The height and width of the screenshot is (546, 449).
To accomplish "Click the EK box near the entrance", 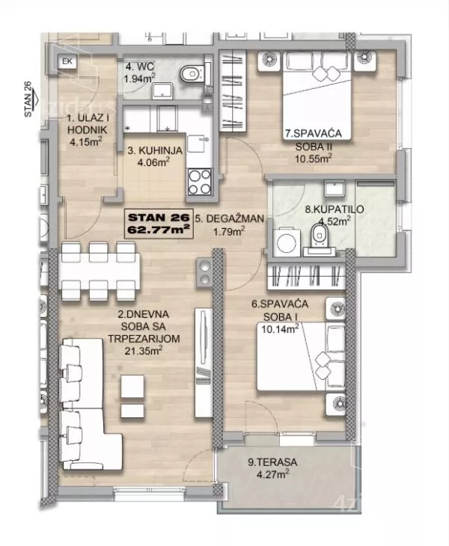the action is pos(67,61).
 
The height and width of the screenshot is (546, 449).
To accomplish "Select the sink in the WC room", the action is pos(162,91).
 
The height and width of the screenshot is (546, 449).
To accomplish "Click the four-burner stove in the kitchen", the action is pos(200,182).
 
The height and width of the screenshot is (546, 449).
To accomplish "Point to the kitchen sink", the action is pos(198,143).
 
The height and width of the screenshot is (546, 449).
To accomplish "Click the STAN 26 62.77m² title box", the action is pos(159,224).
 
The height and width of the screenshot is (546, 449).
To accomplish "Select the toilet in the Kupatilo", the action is pos(319,236).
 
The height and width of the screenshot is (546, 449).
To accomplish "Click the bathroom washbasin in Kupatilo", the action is pos(335,188).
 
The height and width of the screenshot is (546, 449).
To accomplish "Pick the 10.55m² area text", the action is pos(313,159).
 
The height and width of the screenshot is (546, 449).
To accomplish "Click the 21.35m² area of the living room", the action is pos(144,351).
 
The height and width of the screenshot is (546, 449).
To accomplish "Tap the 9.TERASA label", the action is pos(272,462).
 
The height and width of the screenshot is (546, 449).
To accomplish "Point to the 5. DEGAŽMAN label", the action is pos(230,218).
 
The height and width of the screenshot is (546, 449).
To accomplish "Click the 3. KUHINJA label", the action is pos(155,150).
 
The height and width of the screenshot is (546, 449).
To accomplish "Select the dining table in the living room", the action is pos(100,272).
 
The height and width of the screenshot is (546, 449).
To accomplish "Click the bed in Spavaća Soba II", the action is pos(317,96).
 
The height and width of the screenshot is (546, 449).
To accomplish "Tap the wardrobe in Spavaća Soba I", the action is pos(306,277).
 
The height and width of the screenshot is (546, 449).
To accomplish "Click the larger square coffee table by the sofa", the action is pos(132,386).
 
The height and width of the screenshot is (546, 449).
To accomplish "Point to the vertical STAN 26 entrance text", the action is pos(28,99).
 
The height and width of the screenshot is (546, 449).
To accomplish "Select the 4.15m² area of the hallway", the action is pos(86,141).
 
